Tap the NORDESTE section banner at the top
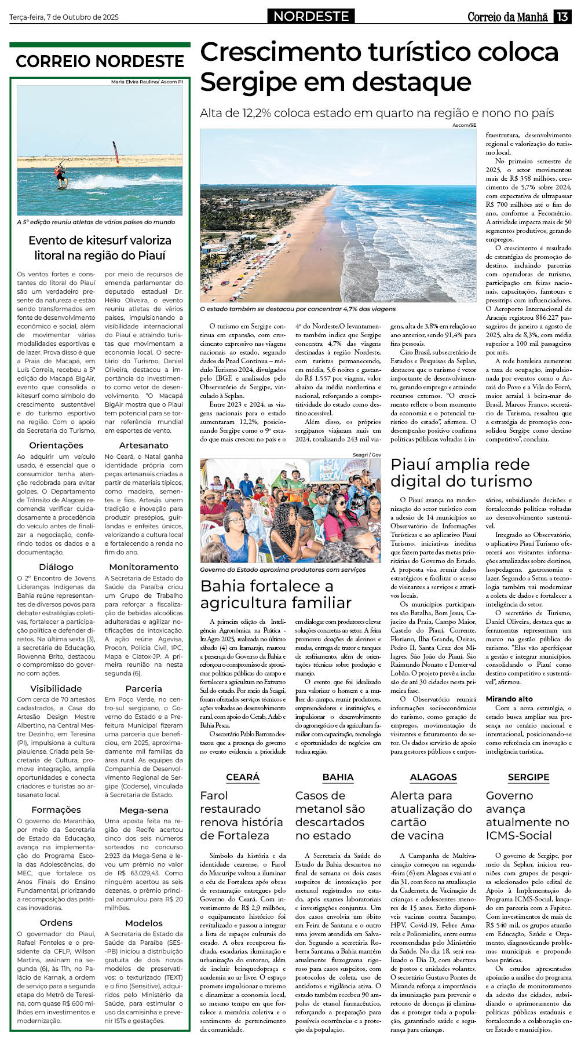tap(311, 16)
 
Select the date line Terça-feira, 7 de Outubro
tap(64, 17)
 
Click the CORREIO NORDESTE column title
tap(100, 61)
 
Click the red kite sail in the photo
tap(115, 152)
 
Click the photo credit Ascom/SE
tap(464, 125)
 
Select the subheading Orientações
tap(56, 445)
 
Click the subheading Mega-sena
tap(144, 810)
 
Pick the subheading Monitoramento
tap(144, 567)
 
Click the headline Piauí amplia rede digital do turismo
tap(461, 473)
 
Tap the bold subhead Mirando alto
tap(509, 699)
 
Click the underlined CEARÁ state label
tap(243, 777)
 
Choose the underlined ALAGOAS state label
tap(433, 777)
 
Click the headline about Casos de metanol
tap(330, 815)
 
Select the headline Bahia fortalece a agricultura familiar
tap(276, 594)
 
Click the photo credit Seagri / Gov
tap(367, 455)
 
